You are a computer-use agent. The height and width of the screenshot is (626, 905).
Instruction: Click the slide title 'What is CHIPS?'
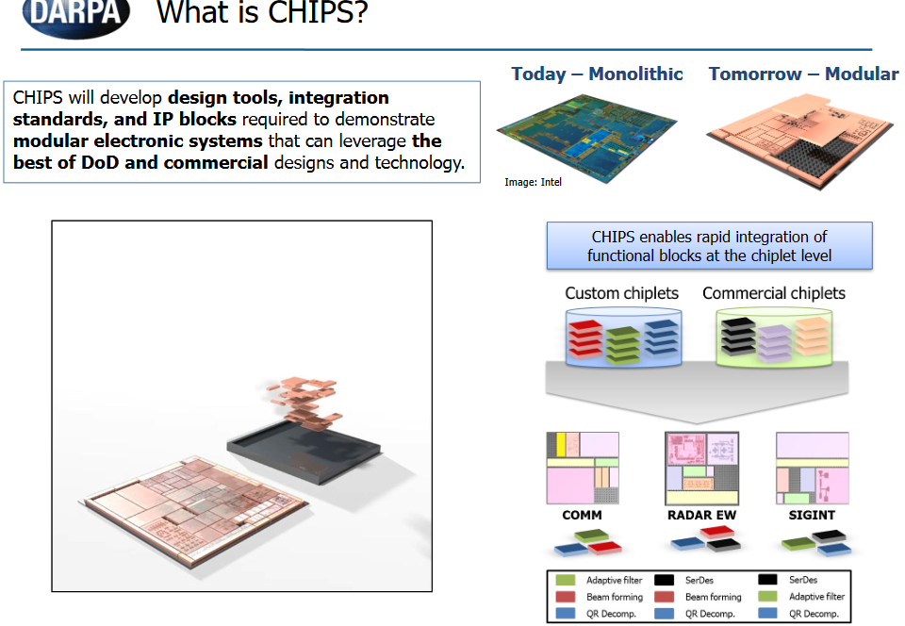pos(261,14)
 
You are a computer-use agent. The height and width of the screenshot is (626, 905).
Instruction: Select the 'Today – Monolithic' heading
pos(597,74)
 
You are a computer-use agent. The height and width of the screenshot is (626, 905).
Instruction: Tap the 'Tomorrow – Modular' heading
pos(803,74)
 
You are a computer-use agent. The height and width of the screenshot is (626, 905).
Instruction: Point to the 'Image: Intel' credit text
pos(533,182)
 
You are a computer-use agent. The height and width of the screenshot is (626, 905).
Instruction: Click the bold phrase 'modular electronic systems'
pos(138,141)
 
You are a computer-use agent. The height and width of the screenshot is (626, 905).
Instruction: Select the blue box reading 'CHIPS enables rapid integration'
pos(709,246)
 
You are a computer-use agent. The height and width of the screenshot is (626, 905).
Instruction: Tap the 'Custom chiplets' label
pos(621,293)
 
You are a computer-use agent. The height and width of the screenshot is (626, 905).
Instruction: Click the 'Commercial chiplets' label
pos(773,293)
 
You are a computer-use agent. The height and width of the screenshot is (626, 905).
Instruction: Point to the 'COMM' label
pos(582,516)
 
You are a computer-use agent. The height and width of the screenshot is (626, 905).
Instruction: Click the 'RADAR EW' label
pos(700,516)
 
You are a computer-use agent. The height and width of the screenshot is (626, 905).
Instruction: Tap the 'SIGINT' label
pos(812,516)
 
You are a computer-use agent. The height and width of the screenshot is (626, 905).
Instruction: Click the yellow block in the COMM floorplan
pos(560,444)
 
